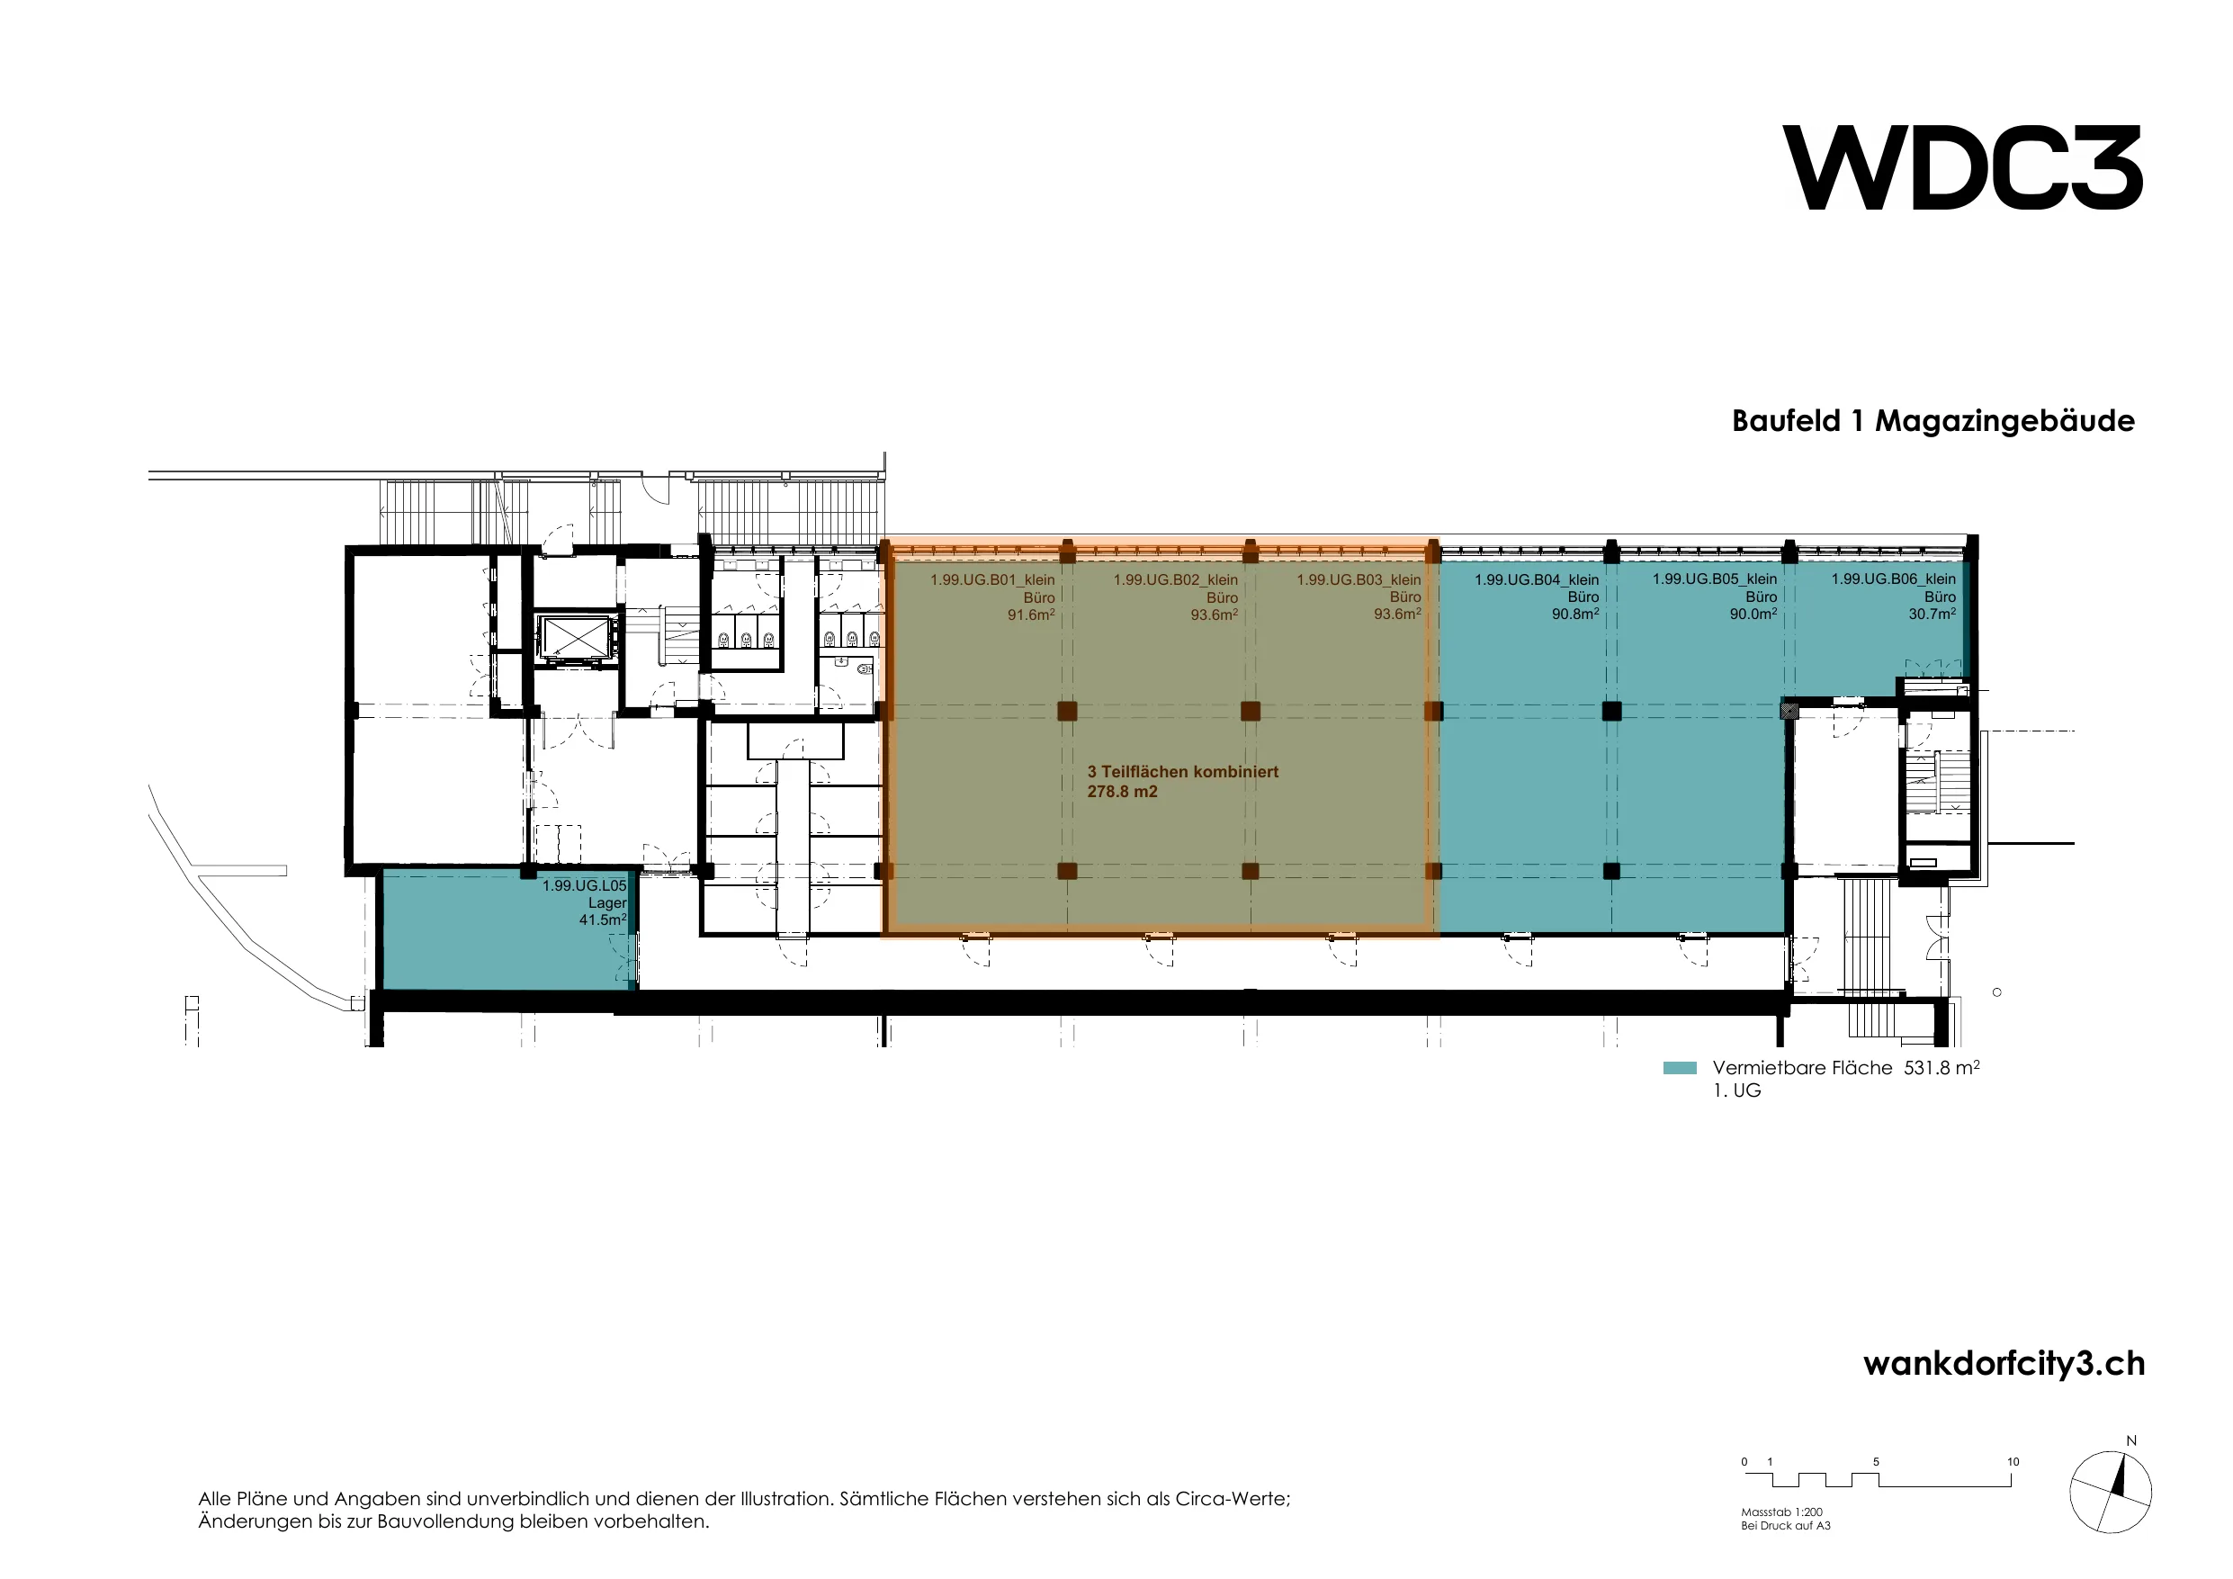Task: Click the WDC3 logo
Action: point(1962,167)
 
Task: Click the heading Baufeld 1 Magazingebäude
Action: point(1933,421)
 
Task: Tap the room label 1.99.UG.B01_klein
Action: point(992,579)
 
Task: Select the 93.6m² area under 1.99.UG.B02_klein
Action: point(1215,614)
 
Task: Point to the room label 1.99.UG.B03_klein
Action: point(1359,579)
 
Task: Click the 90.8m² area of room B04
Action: point(1575,614)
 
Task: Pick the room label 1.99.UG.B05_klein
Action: point(1715,579)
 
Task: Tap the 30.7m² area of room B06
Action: point(1933,614)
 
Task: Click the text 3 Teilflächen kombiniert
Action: point(1183,771)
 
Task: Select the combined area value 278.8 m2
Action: point(1122,792)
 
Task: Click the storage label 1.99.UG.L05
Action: point(585,886)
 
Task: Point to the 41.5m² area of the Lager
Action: point(603,920)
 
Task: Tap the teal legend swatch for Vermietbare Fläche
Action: point(1680,1068)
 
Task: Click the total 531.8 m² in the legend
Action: point(1942,1067)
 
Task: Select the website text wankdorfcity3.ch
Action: point(2004,1363)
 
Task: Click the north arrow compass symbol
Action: point(2111,1492)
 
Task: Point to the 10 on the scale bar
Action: point(2013,1461)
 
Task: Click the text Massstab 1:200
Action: point(1781,1512)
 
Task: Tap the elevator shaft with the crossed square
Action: point(574,638)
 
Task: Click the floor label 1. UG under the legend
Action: point(1737,1090)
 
